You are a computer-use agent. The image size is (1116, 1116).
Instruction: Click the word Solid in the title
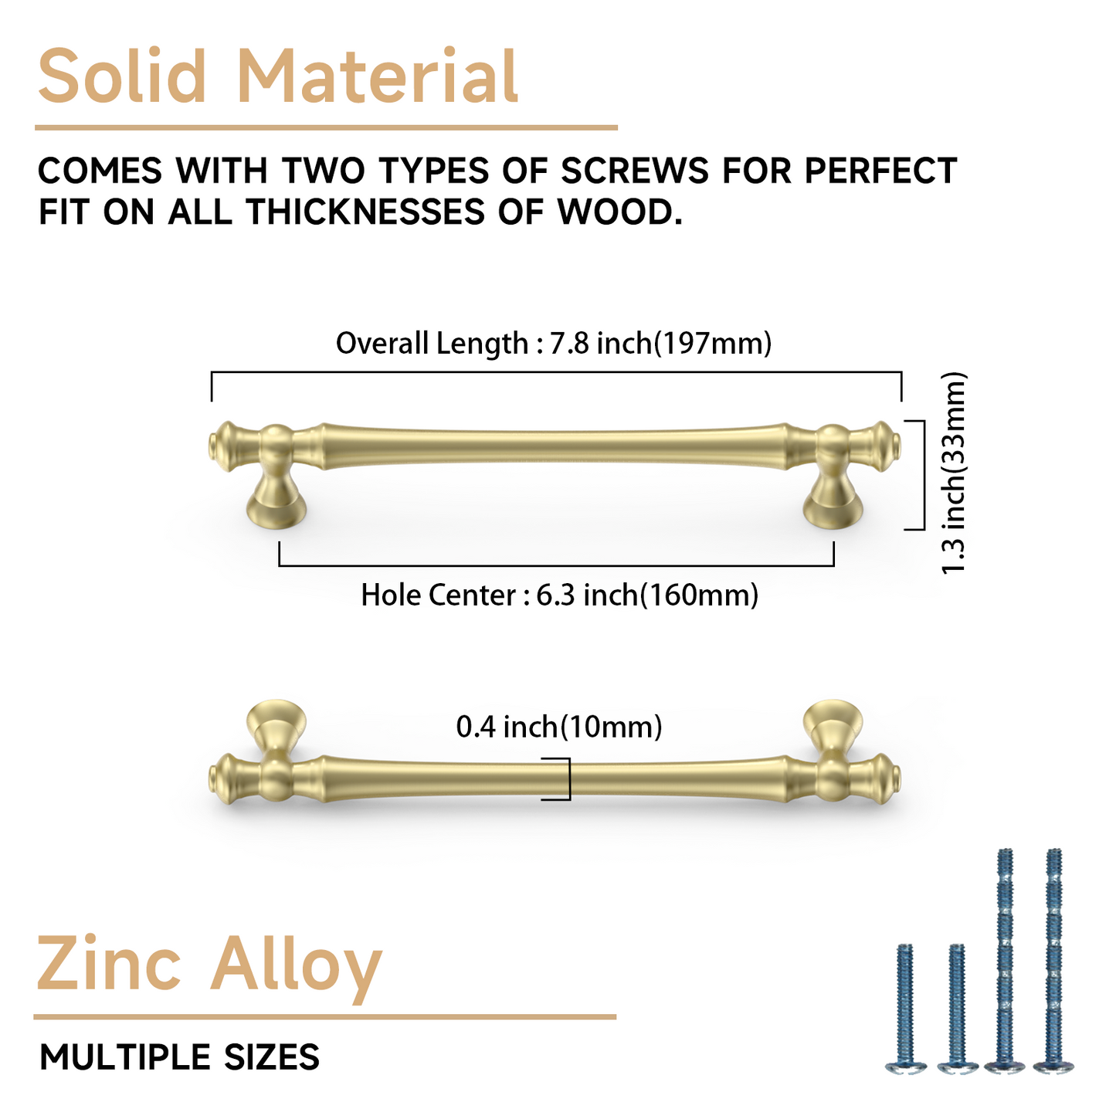122,76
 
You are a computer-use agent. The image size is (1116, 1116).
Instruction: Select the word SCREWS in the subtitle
634,171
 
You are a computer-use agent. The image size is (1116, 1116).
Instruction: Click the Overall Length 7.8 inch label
554,343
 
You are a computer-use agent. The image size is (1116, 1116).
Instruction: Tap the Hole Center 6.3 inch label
559,595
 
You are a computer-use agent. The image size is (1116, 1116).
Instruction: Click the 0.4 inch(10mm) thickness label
559,727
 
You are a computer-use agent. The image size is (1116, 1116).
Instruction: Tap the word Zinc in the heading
109,965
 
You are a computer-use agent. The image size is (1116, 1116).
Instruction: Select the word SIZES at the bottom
272,1057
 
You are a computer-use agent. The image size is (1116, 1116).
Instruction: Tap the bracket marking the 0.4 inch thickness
566,778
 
